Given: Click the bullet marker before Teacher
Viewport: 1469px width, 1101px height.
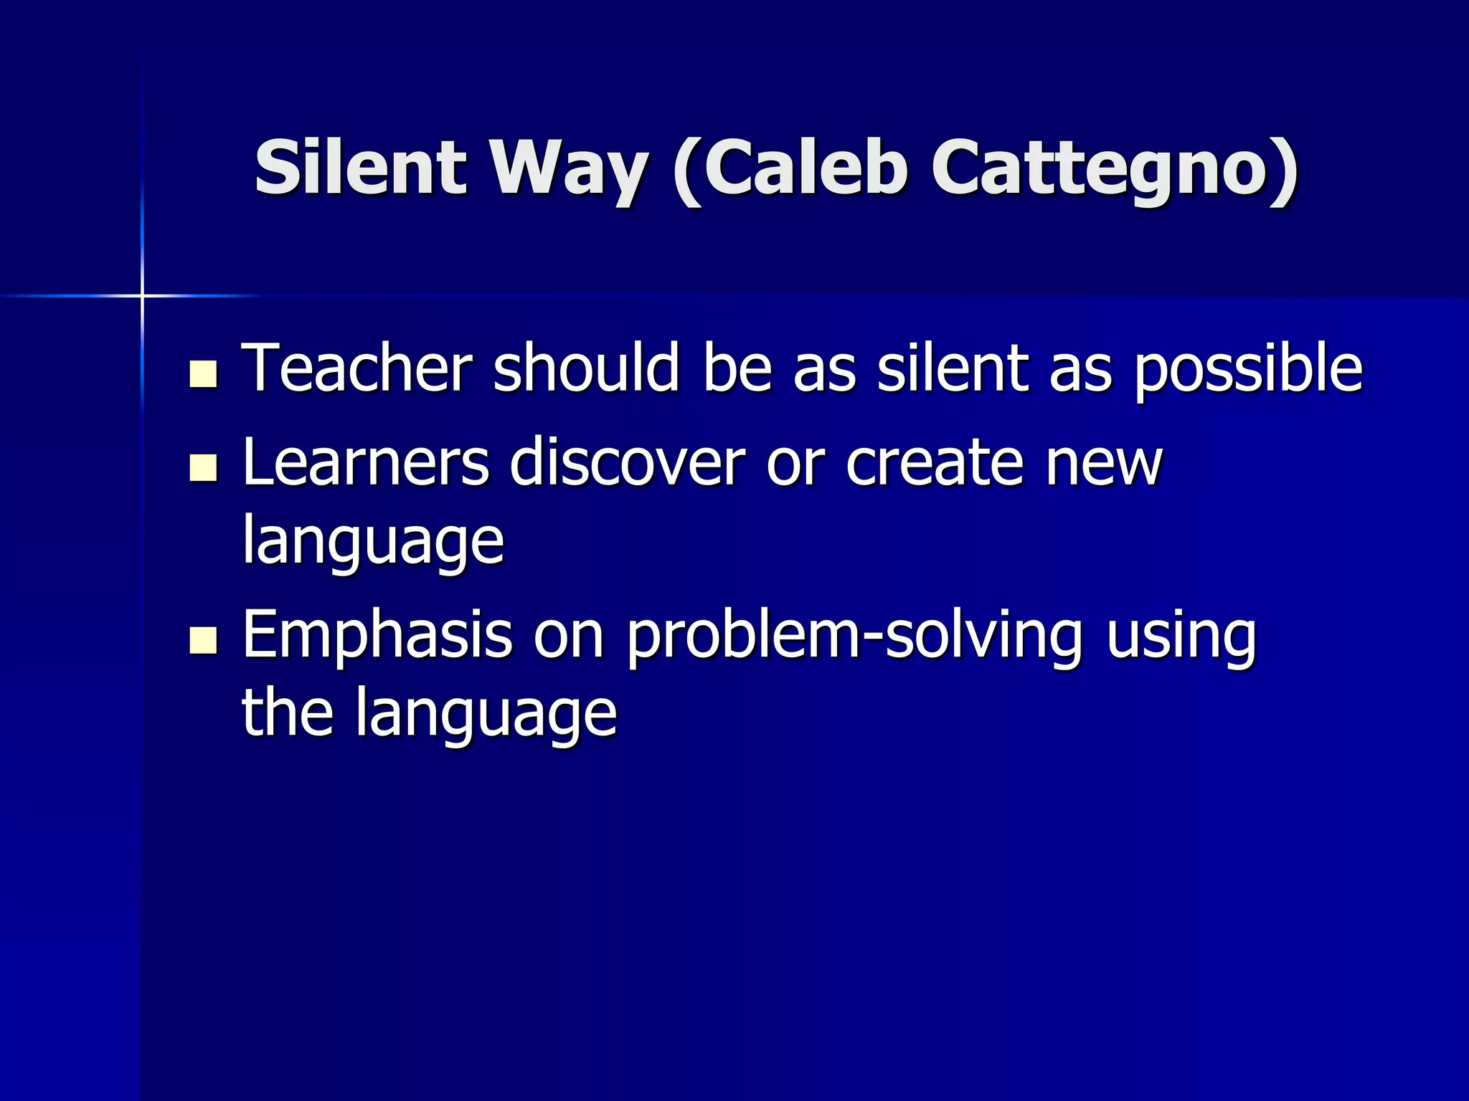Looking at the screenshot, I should tap(204, 374).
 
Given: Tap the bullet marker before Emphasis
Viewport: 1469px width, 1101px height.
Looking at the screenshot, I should tap(204, 640).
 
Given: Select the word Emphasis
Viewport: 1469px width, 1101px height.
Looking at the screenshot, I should tap(377, 637).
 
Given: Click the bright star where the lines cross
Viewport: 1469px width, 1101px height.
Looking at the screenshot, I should tap(142, 295).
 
